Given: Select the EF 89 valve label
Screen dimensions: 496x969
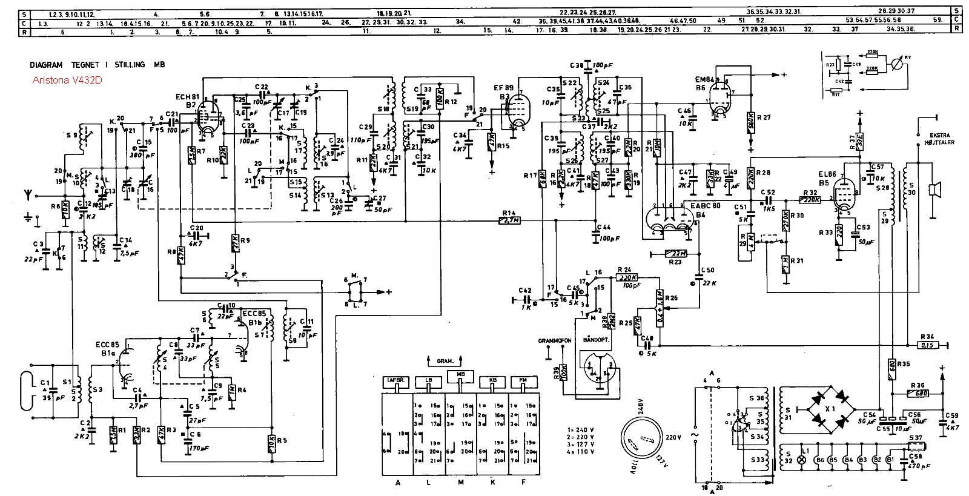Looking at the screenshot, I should [x=503, y=88].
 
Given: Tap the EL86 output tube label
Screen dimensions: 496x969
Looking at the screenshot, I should [x=827, y=174].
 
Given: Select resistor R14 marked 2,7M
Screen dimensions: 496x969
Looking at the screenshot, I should [x=509, y=221].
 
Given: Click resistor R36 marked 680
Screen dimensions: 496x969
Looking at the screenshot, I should [x=922, y=393].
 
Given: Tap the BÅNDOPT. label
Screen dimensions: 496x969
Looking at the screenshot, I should [x=595, y=341].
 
